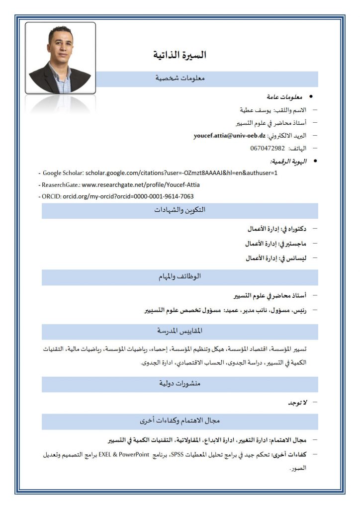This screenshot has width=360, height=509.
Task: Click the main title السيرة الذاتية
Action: click(180, 55)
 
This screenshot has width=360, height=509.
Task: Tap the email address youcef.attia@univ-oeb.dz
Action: click(230, 135)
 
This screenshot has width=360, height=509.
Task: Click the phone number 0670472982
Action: click(268, 148)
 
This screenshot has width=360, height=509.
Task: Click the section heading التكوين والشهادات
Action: click(180, 210)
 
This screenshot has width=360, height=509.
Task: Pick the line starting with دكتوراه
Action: click(276, 229)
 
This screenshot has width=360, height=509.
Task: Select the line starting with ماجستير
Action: click(275, 244)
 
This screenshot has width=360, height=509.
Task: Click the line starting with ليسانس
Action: click(276, 258)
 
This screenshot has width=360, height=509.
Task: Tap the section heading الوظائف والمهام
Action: click(180, 277)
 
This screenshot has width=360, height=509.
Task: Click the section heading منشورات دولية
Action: click(180, 384)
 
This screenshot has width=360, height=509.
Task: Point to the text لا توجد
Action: click(298, 403)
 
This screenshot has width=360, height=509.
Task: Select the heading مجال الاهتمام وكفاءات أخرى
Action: click(180, 421)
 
